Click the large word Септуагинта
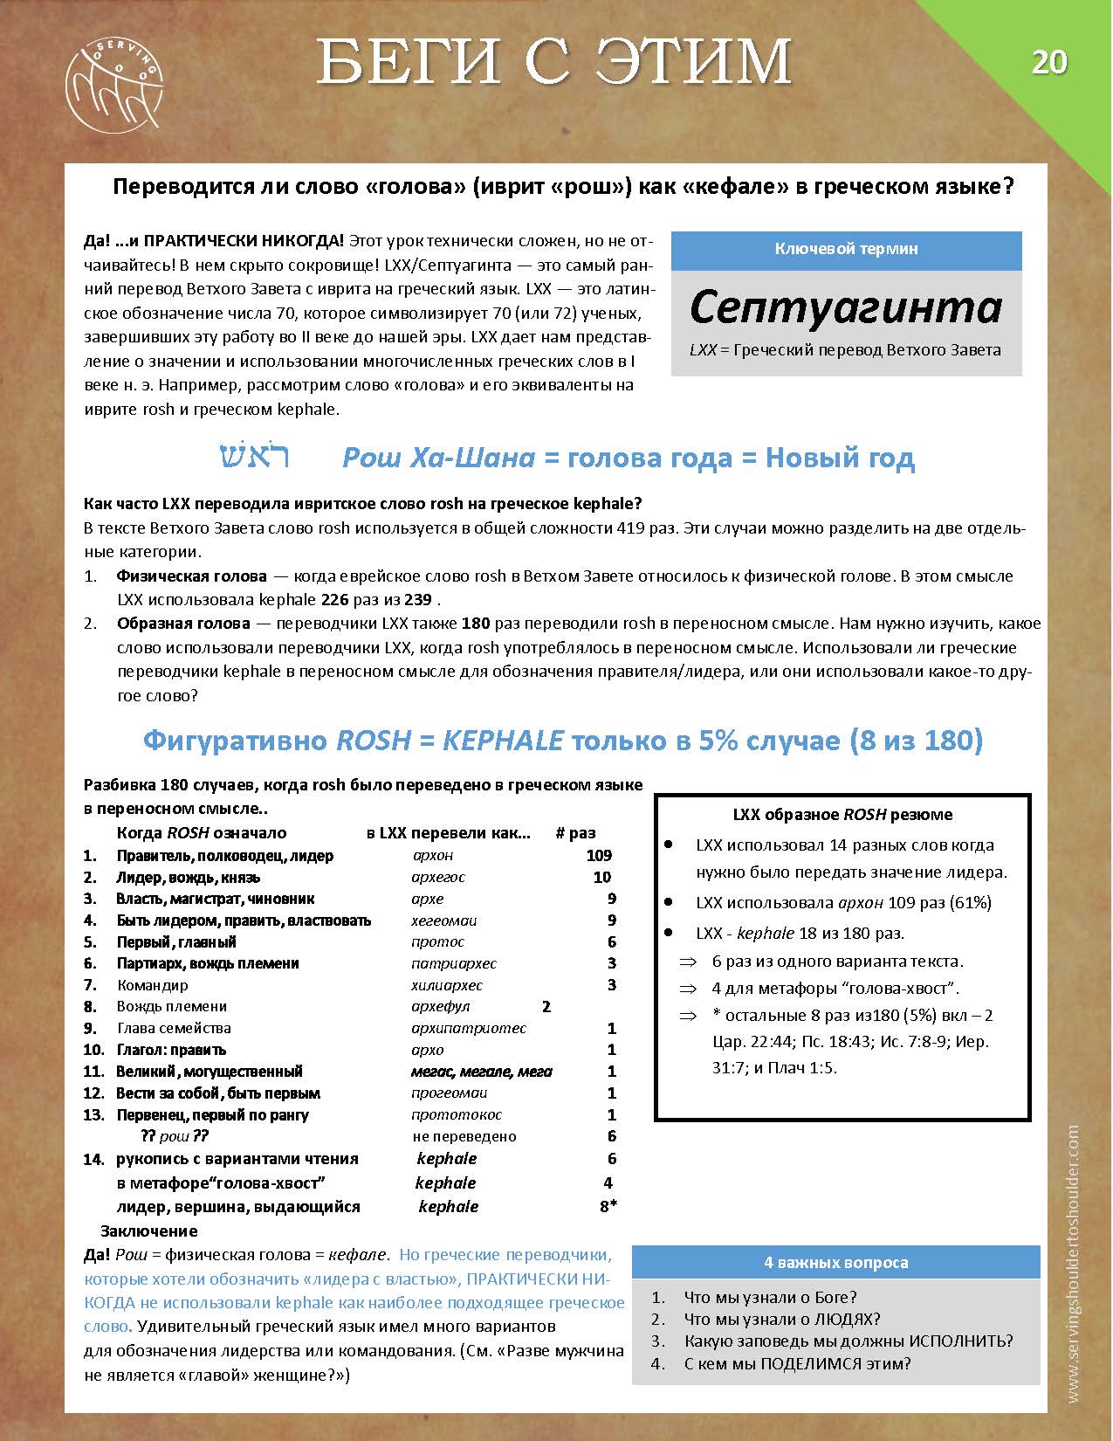tap(845, 307)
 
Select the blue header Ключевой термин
tap(846, 249)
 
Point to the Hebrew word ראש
tap(254, 457)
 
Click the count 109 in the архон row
tap(599, 856)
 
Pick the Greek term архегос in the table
tap(438, 877)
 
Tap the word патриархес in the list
tap(454, 963)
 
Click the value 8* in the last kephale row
tap(608, 1206)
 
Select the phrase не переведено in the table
tap(464, 1136)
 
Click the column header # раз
tap(575, 832)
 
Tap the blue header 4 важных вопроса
tap(835, 1262)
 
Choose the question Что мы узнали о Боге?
tap(770, 1297)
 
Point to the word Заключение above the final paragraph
tap(149, 1231)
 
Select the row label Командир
tap(153, 985)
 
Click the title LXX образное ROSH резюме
tap(842, 814)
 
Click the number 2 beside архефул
tap(546, 1006)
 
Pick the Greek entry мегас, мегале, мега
tap(482, 1071)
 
